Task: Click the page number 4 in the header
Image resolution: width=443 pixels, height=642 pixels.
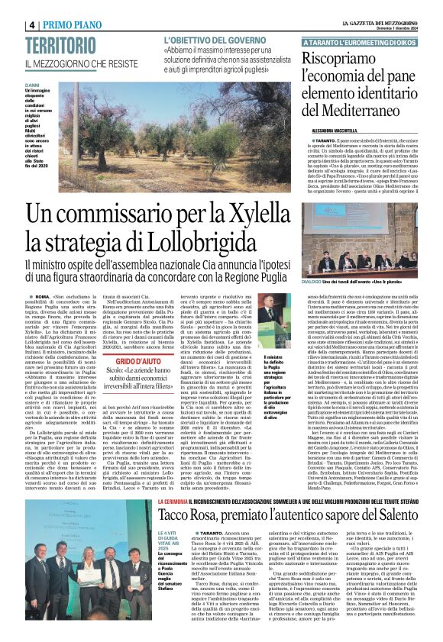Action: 33,24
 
